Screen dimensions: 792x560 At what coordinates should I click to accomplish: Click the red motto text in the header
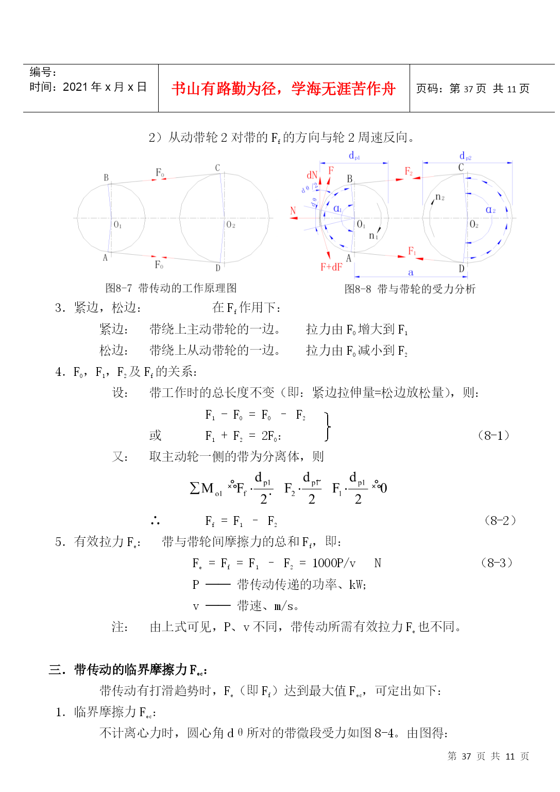click(x=283, y=89)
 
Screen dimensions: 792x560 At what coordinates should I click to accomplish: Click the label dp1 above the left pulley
click(x=354, y=155)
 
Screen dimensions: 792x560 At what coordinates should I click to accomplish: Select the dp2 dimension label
click(x=465, y=155)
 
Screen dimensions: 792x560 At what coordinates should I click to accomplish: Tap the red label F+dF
click(x=331, y=267)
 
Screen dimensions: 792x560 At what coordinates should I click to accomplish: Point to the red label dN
click(x=312, y=175)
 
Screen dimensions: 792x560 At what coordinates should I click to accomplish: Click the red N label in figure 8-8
click(x=293, y=210)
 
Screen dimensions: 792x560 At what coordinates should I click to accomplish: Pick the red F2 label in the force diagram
click(x=409, y=171)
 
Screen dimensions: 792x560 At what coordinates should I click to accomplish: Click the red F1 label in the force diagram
click(x=412, y=251)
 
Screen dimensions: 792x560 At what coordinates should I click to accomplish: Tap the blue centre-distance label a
click(x=411, y=272)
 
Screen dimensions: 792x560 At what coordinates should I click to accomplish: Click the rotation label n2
click(x=440, y=197)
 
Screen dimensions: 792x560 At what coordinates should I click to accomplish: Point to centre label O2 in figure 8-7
click(x=231, y=224)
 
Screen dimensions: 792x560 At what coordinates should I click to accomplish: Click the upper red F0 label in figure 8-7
click(x=160, y=172)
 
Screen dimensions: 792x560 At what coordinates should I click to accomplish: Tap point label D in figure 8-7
click(x=218, y=268)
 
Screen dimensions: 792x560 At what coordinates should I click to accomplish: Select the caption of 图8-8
click(x=410, y=289)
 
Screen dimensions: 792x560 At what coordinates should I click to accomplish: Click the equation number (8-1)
click(x=494, y=435)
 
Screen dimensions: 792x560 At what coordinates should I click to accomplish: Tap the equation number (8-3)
click(x=497, y=563)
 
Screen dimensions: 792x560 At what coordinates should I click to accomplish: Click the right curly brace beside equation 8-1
click(x=328, y=426)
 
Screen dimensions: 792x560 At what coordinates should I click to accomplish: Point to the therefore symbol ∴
click(x=155, y=521)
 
